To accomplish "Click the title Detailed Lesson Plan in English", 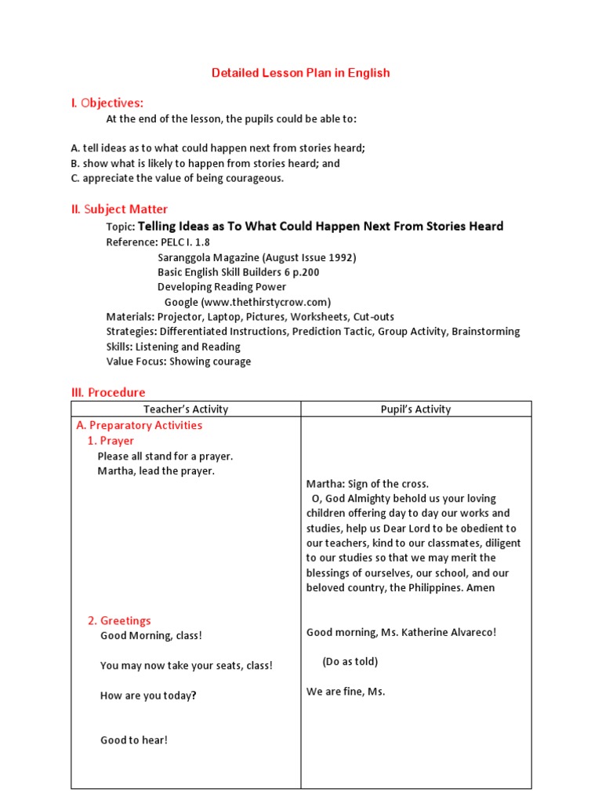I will point(300,73).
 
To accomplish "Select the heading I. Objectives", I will point(107,103).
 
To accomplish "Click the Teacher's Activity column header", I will point(186,409).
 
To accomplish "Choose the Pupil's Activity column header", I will point(415,409).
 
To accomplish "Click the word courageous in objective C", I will point(255,178).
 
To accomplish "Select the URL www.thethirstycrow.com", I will point(266,302).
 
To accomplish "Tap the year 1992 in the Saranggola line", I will point(341,257).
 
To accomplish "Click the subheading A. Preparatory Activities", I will point(139,425).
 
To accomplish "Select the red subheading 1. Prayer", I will point(111,441).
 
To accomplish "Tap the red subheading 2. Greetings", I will point(119,620).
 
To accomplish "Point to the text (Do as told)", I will point(350,662).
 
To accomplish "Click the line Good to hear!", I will point(133,739).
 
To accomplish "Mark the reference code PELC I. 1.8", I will point(184,242).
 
